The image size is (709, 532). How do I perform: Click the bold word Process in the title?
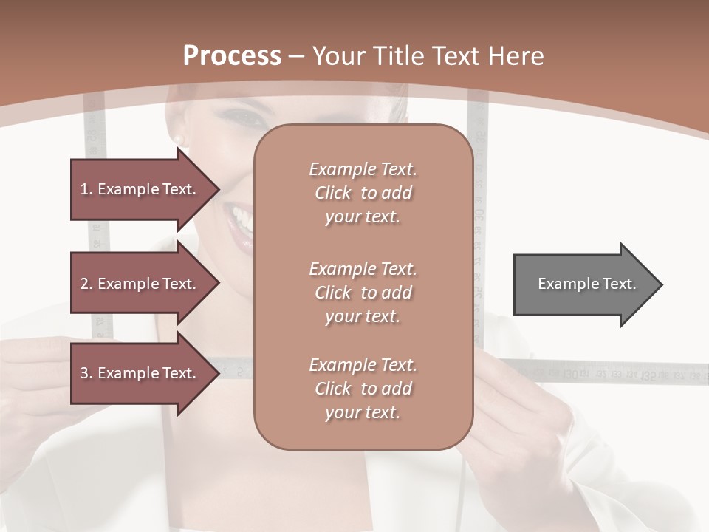(232, 55)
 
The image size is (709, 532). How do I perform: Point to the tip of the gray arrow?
(661, 284)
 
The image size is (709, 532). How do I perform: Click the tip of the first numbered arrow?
(218, 189)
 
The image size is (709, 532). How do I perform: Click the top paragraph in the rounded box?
(363, 193)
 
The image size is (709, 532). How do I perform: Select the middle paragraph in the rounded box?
(363, 293)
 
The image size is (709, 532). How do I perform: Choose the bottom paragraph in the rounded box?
(363, 389)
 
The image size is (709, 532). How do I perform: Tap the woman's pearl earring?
(177, 139)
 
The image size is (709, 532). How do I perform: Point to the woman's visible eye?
(245, 116)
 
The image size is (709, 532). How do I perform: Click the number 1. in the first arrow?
(86, 189)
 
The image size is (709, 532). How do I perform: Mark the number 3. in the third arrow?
(86, 373)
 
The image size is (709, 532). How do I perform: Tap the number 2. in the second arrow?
(86, 284)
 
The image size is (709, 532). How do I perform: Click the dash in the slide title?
(297, 56)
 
